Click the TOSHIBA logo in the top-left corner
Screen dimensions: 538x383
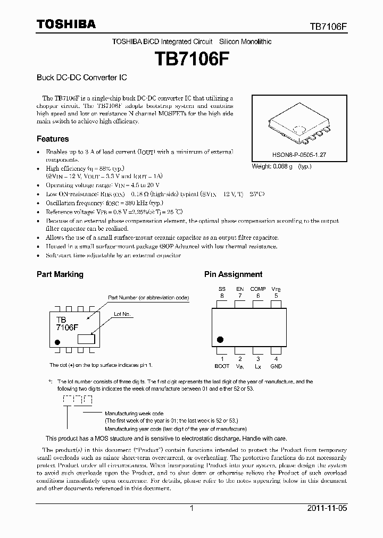pyautogui.click(x=66, y=24)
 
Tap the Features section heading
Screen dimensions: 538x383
pyautogui.click(x=53, y=139)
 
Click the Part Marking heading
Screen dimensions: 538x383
pyautogui.click(x=60, y=274)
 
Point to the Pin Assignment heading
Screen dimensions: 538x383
pyautogui.click(x=233, y=274)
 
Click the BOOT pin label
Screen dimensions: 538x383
pyautogui.click(x=222, y=366)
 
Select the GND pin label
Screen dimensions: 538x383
pyautogui.click(x=276, y=366)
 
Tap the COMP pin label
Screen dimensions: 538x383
pyautogui.click(x=258, y=289)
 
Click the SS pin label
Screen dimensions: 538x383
pyautogui.click(x=222, y=289)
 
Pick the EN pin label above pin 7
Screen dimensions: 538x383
pyautogui.click(x=240, y=289)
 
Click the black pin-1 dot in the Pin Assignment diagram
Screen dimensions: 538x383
pyautogui.click(x=220, y=339)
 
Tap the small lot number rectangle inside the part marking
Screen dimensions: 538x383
pyautogui.click(x=86, y=338)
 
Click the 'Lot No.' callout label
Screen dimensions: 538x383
pyautogui.click(x=122, y=314)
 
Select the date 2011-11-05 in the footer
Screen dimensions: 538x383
pyautogui.click(x=327, y=508)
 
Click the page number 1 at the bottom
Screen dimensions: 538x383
pyautogui.click(x=191, y=508)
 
